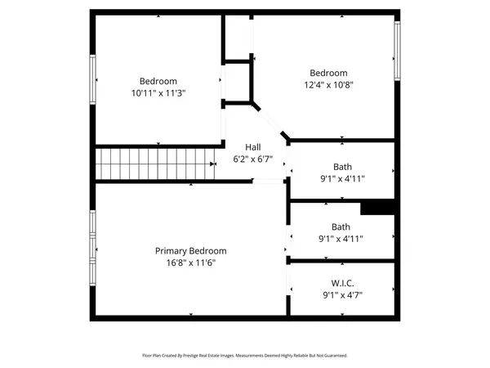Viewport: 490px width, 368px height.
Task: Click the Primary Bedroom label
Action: [x=191, y=251]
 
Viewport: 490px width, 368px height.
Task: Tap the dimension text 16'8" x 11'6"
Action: [x=191, y=263]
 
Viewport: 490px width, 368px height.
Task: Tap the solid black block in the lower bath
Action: [x=378, y=208]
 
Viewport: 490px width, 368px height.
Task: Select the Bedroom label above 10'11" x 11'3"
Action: [x=158, y=81]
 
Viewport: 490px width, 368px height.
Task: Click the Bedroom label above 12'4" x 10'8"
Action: [x=328, y=73]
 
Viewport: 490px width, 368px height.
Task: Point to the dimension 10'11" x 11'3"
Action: [x=158, y=92]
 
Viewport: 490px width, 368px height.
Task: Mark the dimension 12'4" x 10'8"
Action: [x=328, y=84]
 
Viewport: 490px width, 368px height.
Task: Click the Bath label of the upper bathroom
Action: [x=342, y=167]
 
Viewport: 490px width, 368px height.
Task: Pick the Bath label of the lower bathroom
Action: [x=341, y=227]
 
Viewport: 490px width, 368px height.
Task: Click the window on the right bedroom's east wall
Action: [x=398, y=49]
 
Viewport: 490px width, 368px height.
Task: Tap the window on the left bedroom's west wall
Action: [x=92, y=79]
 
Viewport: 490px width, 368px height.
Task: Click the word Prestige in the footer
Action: [x=196, y=356]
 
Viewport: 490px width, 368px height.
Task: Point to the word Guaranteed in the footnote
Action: [x=331, y=356]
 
